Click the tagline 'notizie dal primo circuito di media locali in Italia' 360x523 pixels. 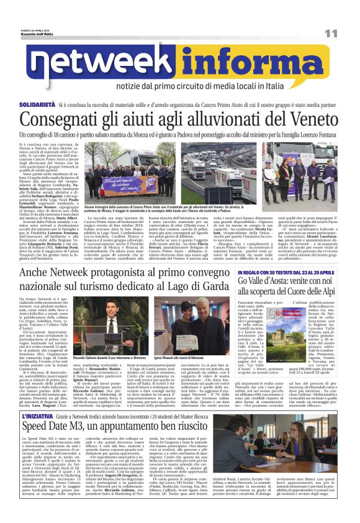[226, 86]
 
